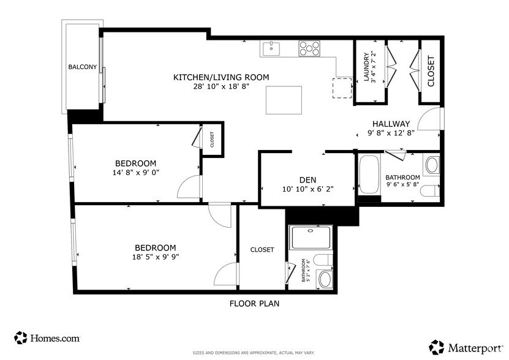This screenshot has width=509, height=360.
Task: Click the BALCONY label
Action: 82,67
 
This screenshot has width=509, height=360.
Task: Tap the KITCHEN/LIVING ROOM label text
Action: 221,77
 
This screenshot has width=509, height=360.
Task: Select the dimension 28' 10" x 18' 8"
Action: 221,86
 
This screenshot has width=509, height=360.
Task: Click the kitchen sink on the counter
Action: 270,48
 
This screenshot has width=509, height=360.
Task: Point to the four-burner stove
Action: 309,48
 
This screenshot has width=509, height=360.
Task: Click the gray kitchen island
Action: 284,100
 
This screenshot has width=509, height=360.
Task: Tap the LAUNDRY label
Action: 366,67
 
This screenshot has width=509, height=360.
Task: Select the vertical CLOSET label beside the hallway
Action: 431,71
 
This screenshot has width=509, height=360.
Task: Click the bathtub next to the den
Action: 369,176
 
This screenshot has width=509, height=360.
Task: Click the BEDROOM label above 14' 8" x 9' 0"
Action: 136,163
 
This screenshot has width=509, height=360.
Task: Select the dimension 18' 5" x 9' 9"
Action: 156,257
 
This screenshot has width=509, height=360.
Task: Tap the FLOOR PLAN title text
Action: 255,303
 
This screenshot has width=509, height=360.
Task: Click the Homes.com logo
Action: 47,337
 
